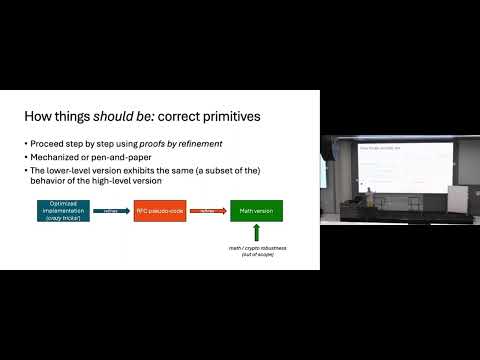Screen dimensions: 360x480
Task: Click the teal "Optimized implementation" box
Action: point(64,211)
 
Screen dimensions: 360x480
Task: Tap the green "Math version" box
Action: point(255,211)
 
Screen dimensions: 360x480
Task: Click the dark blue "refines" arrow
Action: point(111,211)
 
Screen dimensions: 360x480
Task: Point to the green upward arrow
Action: point(255,233)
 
